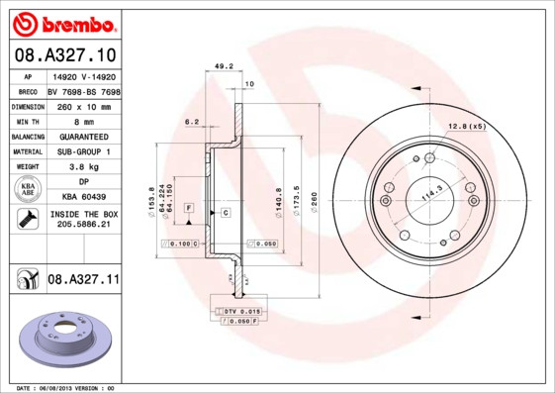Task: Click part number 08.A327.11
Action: pyautogui.click(x=83, y=280)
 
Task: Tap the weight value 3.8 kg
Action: pyautogui.click(x=83, y=167)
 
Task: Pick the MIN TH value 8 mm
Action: pyautogui.click(x=83, y=120)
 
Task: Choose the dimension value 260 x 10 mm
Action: pyautogui.click(x=83, y=105)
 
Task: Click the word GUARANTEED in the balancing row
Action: pyautogui.click(x=83, y=136)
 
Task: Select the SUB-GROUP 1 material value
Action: pyautogui.click(x=83, y=151)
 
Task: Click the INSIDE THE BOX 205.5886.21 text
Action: pyautogui.click(x=83, y=219)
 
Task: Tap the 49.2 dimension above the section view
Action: pyautogui.click(x=224, y=67)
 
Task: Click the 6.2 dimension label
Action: pyautogui.click(x=192, y=122)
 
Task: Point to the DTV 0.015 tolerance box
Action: pyautogui.click(x=241, y=312)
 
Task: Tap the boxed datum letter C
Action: pyautogui.click(x=226, y=213)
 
